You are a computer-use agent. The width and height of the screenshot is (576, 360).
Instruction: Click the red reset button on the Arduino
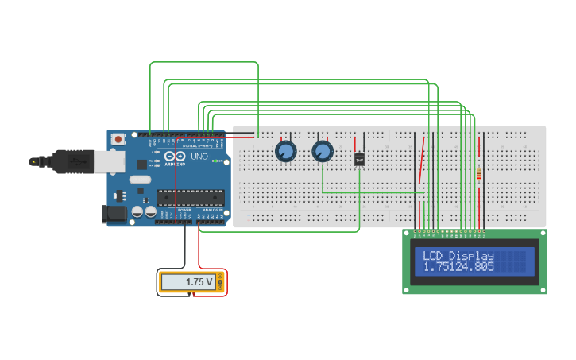coord(118,139)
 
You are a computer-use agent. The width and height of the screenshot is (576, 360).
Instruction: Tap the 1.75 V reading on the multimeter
coord(199,282)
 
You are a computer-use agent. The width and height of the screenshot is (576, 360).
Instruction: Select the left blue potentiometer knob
coord(285,150)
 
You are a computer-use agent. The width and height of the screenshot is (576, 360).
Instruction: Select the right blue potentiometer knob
coord(322,150)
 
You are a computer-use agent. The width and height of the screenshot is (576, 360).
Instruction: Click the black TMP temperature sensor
coord(359,159)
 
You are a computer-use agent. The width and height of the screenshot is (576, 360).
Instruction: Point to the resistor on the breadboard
coord(478,174)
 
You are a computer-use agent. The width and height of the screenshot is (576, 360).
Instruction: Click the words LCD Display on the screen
coord(458,256)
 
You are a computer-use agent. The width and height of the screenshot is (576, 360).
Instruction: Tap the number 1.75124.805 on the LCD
coord(458,267)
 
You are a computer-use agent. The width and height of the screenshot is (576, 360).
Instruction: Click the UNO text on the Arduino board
coord(199,157)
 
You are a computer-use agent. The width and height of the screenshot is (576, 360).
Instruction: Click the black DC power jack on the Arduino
coord(114,213)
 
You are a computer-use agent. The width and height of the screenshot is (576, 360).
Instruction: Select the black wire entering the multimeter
coord(187,250)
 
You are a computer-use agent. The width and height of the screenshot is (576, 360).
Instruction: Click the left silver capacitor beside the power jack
coord(137,212)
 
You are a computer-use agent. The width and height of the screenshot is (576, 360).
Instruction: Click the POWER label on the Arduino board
coord(184,210)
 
